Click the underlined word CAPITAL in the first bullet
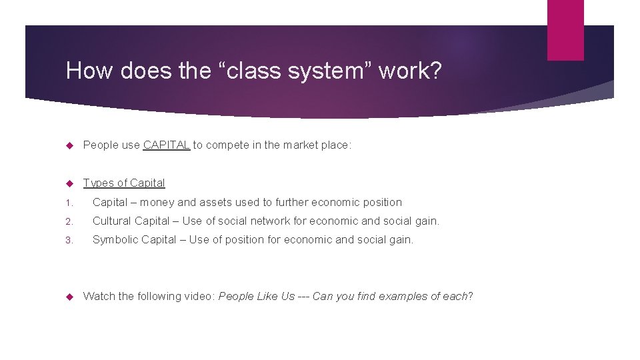tap(167, 145)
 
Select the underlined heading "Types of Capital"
tap(124, 183)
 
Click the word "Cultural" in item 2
tap(112, 221)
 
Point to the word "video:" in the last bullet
tap(199, 296)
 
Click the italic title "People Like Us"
tap(257, 296)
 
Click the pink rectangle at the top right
tap(565, 29)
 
